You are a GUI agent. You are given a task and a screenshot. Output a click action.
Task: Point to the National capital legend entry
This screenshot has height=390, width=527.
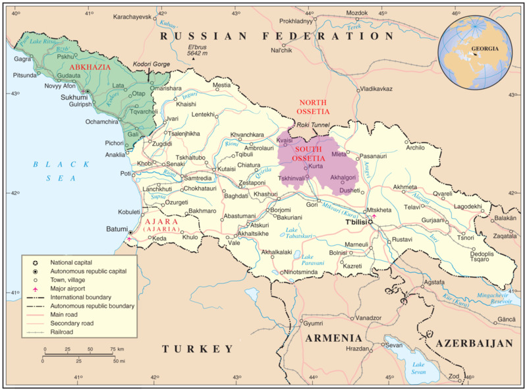[69, 262]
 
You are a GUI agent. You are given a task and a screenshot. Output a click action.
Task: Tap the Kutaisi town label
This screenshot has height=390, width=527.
[227, 169]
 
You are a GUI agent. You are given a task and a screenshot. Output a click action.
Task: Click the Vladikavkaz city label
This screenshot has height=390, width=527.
[376, 89]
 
